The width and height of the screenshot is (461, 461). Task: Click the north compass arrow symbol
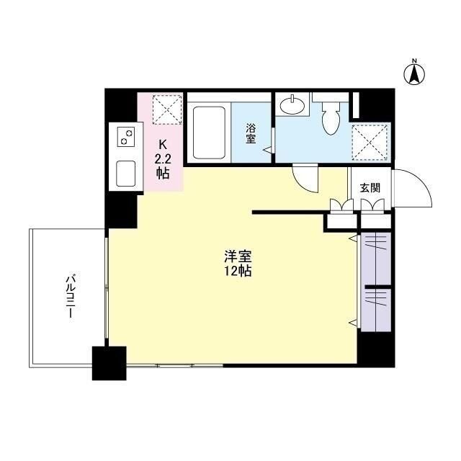pyautogui.click(x=414, y=73)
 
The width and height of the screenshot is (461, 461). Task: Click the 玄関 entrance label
pyautogui.click(x=370, y=187)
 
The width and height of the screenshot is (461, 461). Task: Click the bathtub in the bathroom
pyautogui.click(x=210, y=133)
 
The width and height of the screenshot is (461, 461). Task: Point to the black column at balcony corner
pyautogui.click(x=109, y=362)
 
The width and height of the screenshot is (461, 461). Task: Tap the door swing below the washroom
pyautogui.click(x=305, y=177)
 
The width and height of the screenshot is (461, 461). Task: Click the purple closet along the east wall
pyautogui.click(x=376, y=281)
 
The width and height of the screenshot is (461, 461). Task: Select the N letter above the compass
pyautogui.click(x=414, y=61)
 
